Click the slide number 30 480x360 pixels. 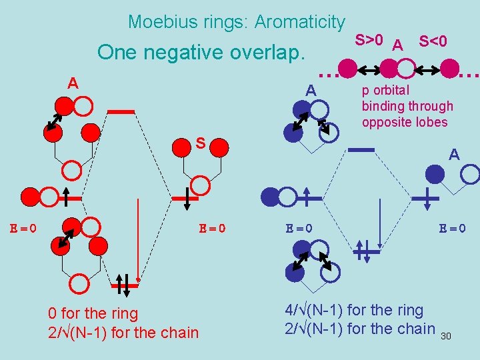tap(446, 336)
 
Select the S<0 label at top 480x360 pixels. tap(433, 41)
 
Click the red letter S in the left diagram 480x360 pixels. tap(200, 143)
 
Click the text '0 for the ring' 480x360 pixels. tap(93, 313)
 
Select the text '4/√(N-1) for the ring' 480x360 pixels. tap(354, 310)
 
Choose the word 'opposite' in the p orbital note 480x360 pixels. tap(385, 122)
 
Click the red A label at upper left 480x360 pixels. tap(73, 83)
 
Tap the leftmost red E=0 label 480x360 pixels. tap(23, 228)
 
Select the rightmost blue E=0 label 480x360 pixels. tap(452, 228)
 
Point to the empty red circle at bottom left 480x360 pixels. tap(79, 285)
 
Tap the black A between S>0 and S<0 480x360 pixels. tap(398, 45)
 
